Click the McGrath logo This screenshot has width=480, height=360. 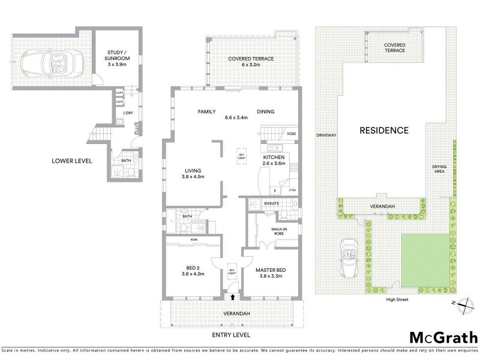point(443,337)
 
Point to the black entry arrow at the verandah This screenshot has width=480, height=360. point(233,297)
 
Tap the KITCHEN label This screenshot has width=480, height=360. point(274,159)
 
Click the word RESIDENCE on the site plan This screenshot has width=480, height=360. point(384,130)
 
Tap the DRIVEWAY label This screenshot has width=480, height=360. point(327,136)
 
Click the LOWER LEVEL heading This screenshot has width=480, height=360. point(71,160)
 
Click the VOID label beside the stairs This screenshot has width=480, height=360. point(291,133)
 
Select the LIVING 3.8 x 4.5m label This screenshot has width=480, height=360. point(193,173)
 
